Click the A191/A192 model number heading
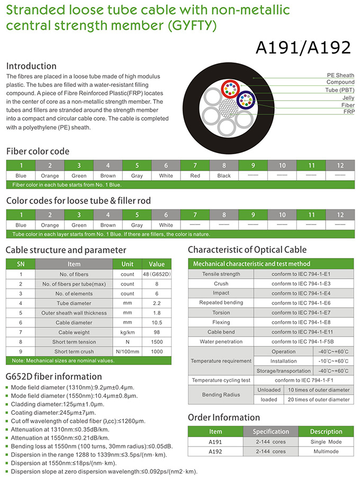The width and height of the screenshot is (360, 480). (x=303, y=47)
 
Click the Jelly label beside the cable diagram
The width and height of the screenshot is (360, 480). (x=348, y=97)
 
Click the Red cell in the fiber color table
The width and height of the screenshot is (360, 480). (x=195, y=176)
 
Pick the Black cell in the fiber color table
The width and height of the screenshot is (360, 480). (x=224, y=176)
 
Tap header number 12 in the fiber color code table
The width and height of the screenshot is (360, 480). (x=340, y=165)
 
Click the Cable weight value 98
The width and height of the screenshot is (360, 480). (x=157, y=332)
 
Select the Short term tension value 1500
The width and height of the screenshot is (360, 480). (x=157, y=342)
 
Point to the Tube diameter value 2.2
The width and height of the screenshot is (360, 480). (x=157, y=303)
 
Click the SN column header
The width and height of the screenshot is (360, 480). (x=21, y=264)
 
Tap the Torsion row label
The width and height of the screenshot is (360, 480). (x=221, y=313)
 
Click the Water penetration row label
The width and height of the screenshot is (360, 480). (x=221, y=342)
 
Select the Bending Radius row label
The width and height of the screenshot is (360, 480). (x=221, y=395)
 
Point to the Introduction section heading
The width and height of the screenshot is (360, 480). (x=31, y=66)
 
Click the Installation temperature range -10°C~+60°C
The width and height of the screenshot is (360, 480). (x=334, y=361)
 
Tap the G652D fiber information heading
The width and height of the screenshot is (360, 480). (x=53, y=377)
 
